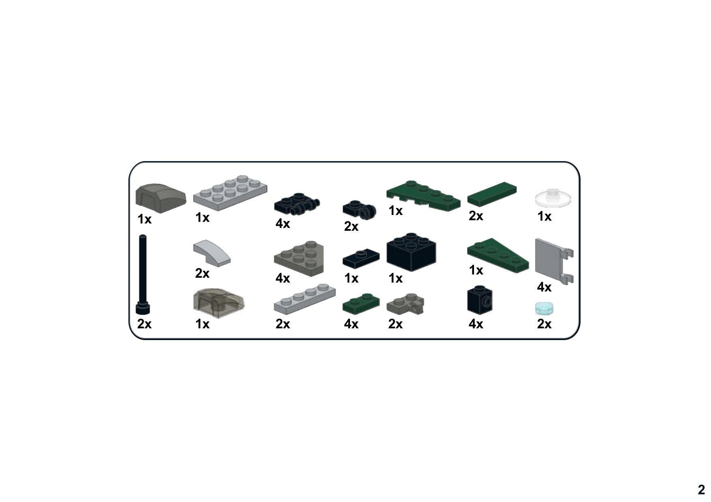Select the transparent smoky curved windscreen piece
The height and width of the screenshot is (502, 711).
click(x=219, y=303)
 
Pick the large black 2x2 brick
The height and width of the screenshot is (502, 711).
click(x=411, y=252)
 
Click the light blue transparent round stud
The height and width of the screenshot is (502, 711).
click(x=544, y=308)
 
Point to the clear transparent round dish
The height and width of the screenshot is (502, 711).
click(x=553, y=198)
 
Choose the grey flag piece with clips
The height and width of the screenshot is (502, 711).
click(x=554, y=261)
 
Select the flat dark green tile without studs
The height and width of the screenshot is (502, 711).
click(x=492, y=194)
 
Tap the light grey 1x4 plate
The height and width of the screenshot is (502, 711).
click(x=305, y=298)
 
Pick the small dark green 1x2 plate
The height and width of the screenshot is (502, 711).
click(x=361, y=303)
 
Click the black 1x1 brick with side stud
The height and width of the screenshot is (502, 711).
click(x=480, y=300)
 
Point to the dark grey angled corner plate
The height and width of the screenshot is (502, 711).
click(x=299, y=258)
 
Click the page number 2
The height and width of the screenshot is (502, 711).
click(x=701, y=489)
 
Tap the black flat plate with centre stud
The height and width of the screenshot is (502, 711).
click(x=361, y=258)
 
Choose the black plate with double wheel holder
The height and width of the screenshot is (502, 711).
click(x=297, y=203)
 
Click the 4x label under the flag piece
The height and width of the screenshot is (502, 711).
click(x=544, y=287)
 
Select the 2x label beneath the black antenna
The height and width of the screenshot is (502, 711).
click(x=144, y=324)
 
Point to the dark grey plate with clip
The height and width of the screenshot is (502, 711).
click(x=405, y=305)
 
